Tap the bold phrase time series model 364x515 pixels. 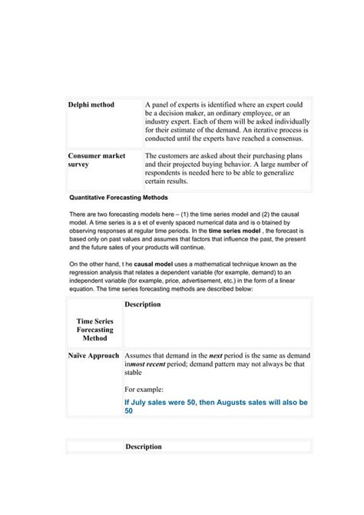click(235, 230)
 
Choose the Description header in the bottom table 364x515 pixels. click(144, 447)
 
